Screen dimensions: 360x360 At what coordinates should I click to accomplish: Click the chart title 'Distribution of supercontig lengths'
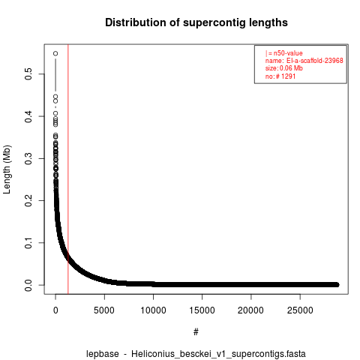(x=196, y=22)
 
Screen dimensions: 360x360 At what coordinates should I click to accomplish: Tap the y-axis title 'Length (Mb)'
(x=7, y=169)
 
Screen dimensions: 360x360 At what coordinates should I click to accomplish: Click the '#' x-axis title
(x=196, y=331)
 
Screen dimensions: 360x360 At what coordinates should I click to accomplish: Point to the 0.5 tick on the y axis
(x=28, y=73)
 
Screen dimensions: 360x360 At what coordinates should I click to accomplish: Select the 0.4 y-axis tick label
(x=28, y=116)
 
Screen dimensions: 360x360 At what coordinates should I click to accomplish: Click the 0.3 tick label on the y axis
(x=28, y=158)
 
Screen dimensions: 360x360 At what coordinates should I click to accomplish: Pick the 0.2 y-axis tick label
(x=28, y=200)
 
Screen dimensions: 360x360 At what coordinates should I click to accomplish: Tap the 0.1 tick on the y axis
(x=28, y=243)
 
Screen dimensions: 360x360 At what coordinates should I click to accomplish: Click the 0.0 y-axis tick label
(x=28, y=285)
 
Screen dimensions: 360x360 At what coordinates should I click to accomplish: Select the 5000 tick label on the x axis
(x=104, y=310)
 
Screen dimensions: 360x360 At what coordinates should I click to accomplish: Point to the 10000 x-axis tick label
(x=153, y=310)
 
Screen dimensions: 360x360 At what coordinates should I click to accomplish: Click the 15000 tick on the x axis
(x=202, y=310)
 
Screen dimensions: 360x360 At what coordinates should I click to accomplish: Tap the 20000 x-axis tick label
(x=250, y=310)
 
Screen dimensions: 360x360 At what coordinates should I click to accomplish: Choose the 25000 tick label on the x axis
(x=300, y=310)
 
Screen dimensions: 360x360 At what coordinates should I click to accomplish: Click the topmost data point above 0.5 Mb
(x=55, y=53)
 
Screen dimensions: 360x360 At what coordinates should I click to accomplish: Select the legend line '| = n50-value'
(x=284, y=53)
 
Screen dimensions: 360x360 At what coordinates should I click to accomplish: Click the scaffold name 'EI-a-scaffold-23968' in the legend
(x=315, y=61)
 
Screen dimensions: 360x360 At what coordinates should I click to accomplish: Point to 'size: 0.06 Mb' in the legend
(x=284, y=68)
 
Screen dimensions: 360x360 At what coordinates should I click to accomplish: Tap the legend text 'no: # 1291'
(x=280, y=76)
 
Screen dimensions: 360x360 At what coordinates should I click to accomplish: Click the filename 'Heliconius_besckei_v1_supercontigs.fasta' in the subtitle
(x=218, y=354)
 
